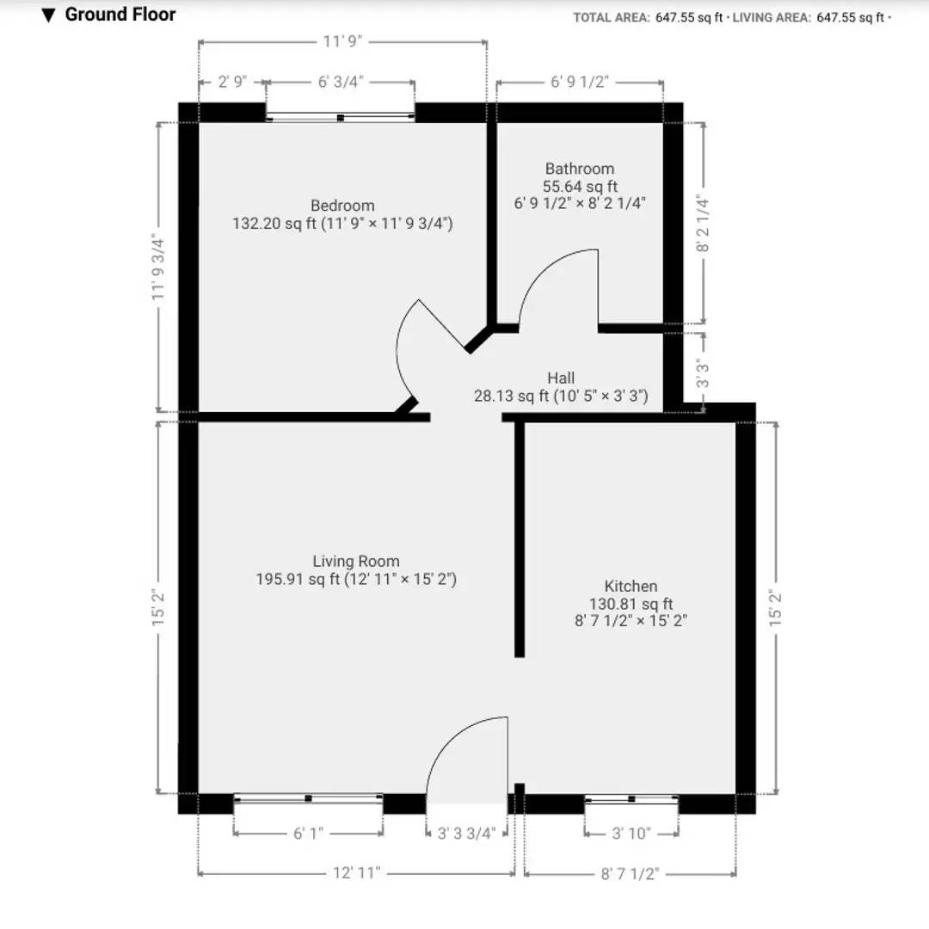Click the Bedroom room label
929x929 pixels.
(342, 206)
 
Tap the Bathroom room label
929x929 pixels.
(580, 169)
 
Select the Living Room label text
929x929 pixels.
(356, 561)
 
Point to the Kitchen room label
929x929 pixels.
(631, 586)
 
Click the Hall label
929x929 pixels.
(561, 378)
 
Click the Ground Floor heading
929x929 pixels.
(120, 15)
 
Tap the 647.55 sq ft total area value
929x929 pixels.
(689, 18)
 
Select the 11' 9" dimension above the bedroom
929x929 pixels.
(342, 41)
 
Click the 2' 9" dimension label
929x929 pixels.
(232, 82)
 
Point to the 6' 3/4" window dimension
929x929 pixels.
(341, 82)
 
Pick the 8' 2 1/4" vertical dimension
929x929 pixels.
(703, 224)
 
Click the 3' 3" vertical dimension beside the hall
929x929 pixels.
(703, 373)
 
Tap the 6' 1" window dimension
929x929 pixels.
(308, 834)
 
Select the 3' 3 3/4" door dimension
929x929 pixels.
(466, 834)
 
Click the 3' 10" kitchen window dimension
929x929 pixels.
(631, 834)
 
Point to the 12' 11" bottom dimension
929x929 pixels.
(357, 873)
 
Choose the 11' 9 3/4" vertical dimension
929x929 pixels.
(157, 267)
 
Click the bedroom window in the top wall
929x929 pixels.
(340, 117)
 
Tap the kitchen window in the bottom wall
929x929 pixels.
(631, 799)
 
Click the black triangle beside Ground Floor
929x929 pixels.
(48, 15)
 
